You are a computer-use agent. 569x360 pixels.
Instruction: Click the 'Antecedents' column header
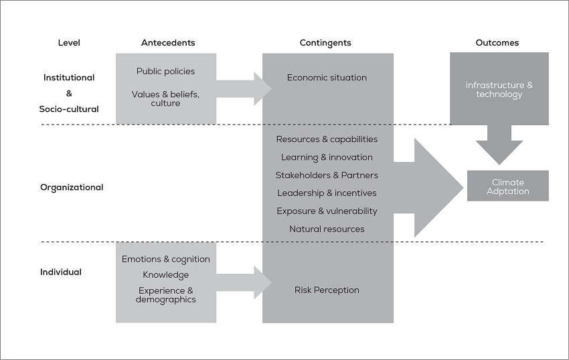[x=168, y=43]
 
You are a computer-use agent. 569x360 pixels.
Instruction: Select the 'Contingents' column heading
[x=325, y=43]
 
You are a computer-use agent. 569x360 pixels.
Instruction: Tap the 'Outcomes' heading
[x=497, y=43]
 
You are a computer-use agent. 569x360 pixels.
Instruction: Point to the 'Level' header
[x=69, y=43]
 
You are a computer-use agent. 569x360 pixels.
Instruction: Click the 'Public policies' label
[x=166, y=71]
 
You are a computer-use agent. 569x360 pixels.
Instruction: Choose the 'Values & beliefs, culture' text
[x=166, y=98]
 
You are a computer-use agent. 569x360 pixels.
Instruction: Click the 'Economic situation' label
[x=327, y=78]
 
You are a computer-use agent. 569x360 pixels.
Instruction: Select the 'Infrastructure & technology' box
[x=499, y=89]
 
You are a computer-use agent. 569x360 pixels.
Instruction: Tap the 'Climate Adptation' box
[x=508, y=187]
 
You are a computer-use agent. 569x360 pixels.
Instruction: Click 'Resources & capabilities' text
[x=327, y=139]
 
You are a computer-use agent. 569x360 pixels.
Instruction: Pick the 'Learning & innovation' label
[x=327, y=157]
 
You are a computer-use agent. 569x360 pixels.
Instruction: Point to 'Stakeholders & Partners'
[x=327, y=175]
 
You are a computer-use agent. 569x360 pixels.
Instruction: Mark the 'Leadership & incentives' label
[x=327, y=193]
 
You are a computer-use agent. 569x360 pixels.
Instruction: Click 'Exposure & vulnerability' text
[x=327, y=211]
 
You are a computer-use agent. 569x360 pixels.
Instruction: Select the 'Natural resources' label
[x=327, y=230]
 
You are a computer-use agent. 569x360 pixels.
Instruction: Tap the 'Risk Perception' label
[x=327, y=290]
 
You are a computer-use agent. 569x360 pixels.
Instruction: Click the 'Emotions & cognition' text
[x=166, y=259]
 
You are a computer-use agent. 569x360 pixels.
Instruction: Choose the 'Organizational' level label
[x=72, y=187]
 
